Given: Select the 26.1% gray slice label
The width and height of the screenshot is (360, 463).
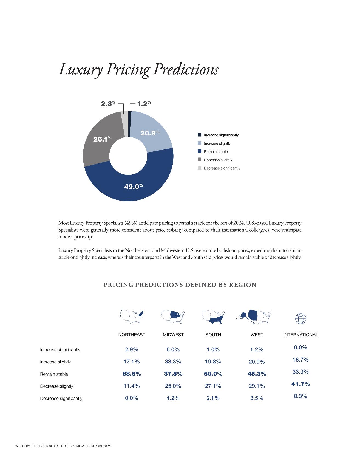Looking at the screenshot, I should tap(102, 139).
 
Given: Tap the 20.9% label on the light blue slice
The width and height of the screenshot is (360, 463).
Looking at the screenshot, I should tap(149, 133).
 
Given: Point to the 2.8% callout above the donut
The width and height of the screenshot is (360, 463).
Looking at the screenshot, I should tap(108, 104).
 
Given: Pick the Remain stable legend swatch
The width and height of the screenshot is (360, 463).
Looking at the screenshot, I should tap(199, 151).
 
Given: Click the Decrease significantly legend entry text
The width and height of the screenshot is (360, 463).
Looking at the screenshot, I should tap(222, 168).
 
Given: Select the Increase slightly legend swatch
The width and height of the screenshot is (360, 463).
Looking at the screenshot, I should tap(199, 143).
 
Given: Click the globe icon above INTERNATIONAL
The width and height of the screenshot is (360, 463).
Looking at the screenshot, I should tap(301, 319).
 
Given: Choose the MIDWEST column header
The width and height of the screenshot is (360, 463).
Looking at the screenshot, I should tap(173, 335).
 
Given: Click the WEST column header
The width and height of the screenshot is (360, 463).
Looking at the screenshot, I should tap(257, 335).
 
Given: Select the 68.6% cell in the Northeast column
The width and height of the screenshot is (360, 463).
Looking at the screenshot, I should tap(132, 374).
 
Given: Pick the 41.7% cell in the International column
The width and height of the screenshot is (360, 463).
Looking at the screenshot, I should tap(301, 384).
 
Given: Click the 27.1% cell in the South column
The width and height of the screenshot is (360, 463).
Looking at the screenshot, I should tap(213, 386).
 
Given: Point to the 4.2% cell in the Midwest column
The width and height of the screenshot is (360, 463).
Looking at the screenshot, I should tap(173, 398).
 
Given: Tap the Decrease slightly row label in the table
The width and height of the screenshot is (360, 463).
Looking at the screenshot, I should tap(56, 386).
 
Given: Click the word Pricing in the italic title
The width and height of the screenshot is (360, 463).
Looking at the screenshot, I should tap(128, 70).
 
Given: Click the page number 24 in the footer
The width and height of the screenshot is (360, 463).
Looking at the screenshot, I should tap(17, 446).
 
